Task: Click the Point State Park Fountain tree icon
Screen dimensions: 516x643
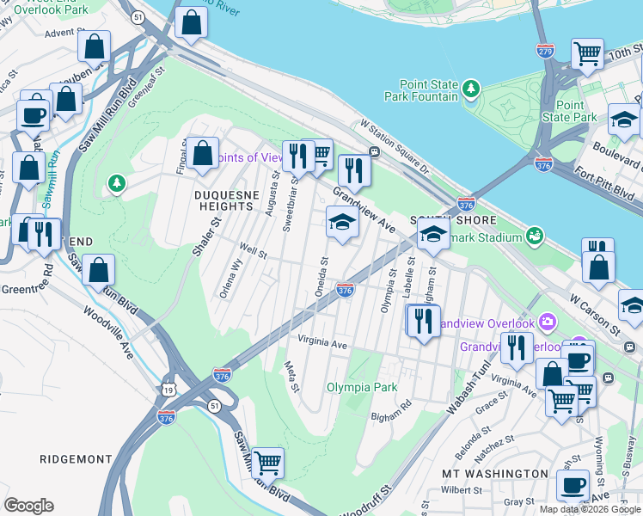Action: point(470,89)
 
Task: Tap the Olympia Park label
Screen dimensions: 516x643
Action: point(362,387)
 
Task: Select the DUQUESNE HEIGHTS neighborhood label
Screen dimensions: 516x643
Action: point(226,203)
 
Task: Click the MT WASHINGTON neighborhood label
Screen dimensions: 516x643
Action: point(494,474)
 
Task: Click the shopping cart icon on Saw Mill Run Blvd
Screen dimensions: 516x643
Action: point(268,462)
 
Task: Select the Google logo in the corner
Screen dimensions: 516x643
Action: point(28,506)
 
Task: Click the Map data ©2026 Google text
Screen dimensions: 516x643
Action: point(589,509)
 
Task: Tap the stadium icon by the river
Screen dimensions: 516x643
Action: point(535,235)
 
